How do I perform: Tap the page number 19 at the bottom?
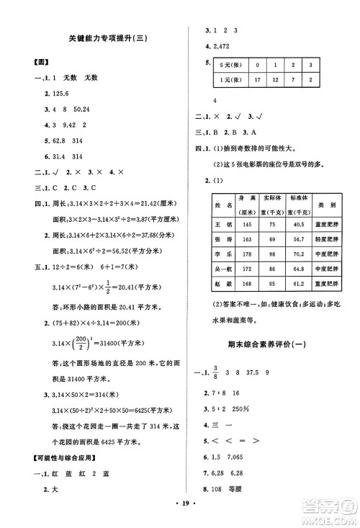point(179,516)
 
